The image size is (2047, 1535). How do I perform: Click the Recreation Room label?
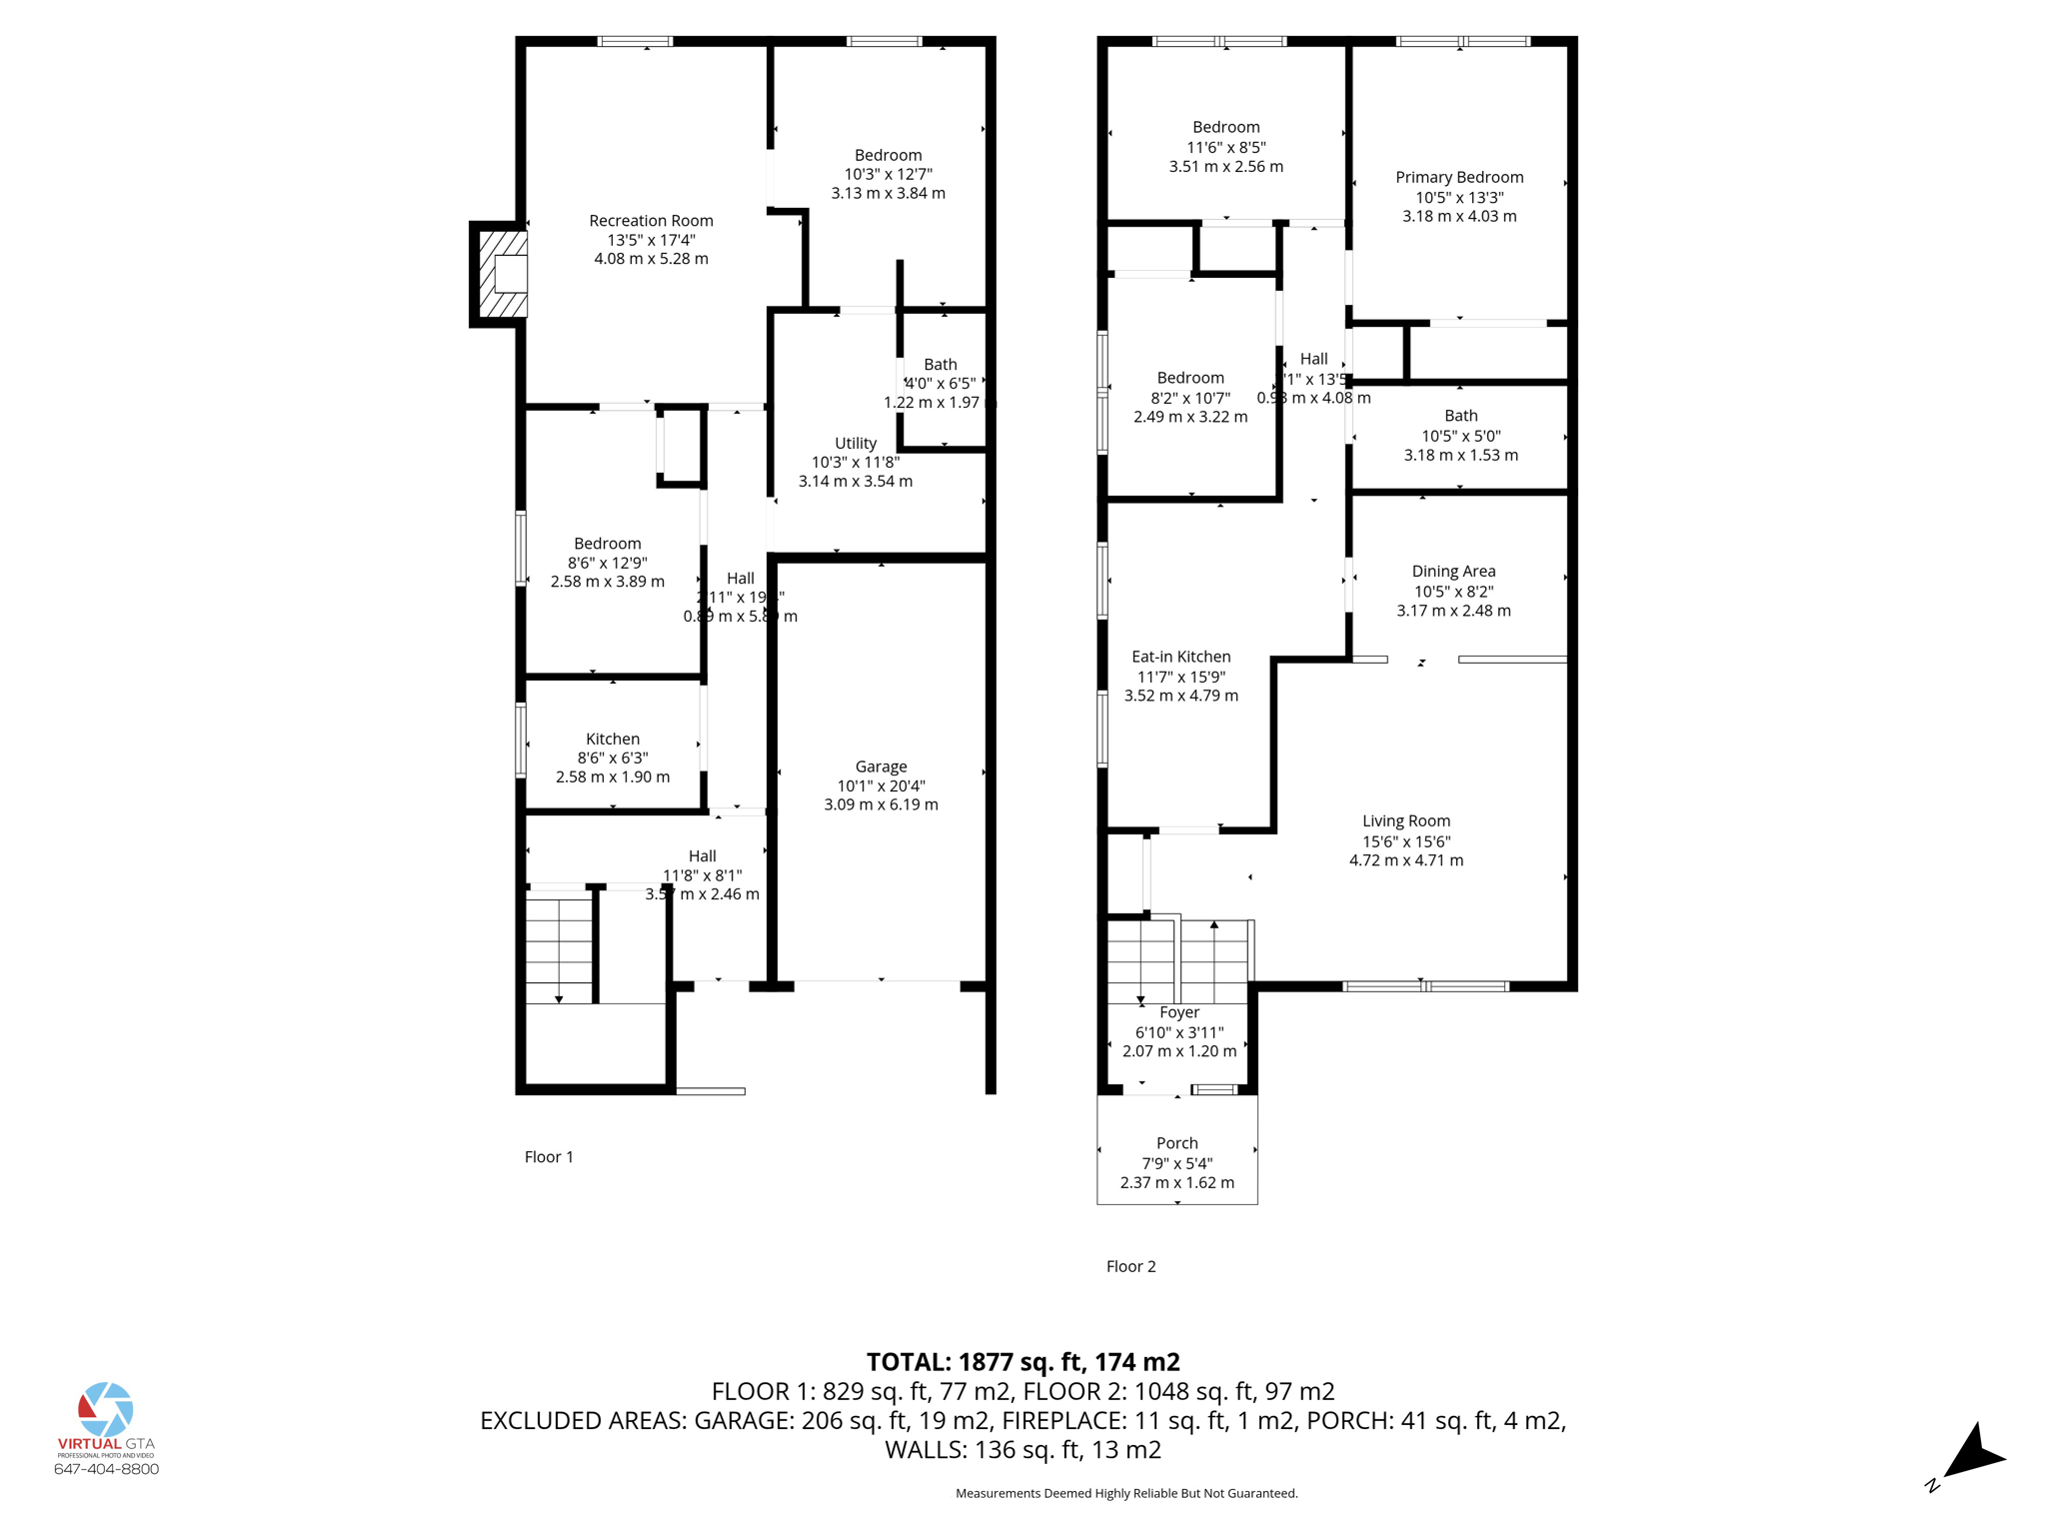coord(651,221)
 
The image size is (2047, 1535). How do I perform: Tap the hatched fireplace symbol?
coord(503,274)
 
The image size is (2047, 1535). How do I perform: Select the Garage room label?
coord(881,767)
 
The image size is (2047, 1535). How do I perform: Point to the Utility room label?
coord(856,443)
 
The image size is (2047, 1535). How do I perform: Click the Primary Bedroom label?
coord(1459,177)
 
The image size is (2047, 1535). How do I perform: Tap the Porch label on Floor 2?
coord(1176,1143)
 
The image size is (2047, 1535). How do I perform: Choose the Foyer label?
coord(1179,1012)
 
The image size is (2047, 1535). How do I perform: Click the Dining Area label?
coord(1453,571)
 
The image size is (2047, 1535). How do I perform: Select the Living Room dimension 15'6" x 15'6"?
coord(1406,841)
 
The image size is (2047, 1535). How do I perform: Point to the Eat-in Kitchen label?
coord(1180,657)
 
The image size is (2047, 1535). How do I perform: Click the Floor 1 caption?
coord(549,1156)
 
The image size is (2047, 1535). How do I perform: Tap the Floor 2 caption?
coord(1130,1266)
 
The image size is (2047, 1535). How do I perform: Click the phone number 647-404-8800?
coord(106,1469)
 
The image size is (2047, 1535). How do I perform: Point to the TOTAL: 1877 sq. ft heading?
coord(1023,1362)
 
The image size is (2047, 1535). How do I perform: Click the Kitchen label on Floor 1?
coord(613,739)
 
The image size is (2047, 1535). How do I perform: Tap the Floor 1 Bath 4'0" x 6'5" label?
coord(940,383)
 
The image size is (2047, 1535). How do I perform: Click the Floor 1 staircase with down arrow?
coord(560,949)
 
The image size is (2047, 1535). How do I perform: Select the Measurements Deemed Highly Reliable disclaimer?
coord(1126,1493)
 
